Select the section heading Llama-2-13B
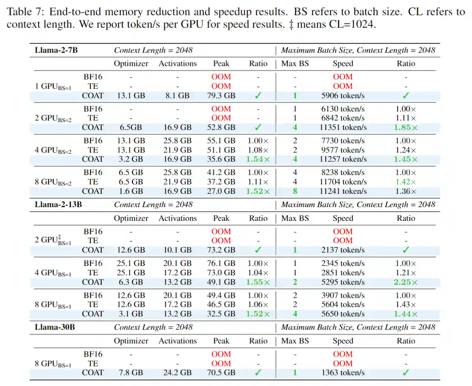[x=57, y=205]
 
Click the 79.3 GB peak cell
[x=221, y=95]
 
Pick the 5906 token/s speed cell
[x=343, y=95]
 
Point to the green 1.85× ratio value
[x=406, y=127]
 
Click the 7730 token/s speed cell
[x=343, y=141]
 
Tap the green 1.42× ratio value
[x=406, y=182]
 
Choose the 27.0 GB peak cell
[x=221, y=191]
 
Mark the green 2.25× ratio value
[x=406, y=282]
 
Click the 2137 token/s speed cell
[x=343, y=250]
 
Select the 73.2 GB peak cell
[x=221, y=250]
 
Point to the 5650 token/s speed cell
[x=343, y=314]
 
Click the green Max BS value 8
[x=295, y=191]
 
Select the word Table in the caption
[x=18, y=11]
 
